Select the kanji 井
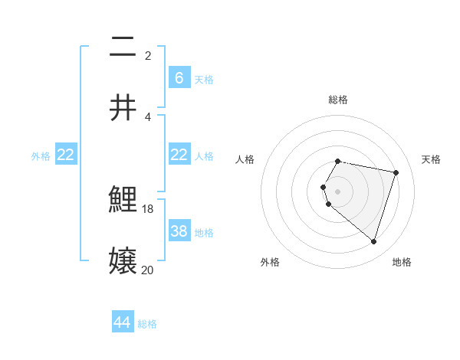(123, 106)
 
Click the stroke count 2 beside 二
(148, 55)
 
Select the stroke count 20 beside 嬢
(148, 270)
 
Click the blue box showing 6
(179, 78)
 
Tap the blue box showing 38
(179, 231)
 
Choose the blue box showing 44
(122, 322)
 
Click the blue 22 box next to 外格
(66, 155)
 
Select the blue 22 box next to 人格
(179, 155)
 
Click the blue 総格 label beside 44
(147, 324)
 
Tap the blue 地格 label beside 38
(204, 233)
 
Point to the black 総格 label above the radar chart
(338, 100)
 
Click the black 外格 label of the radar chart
(270, 262)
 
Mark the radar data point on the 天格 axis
(396, 172)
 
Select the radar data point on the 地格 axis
(373, 241)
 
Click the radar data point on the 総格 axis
(338, 161)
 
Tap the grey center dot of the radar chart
(338, 191)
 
